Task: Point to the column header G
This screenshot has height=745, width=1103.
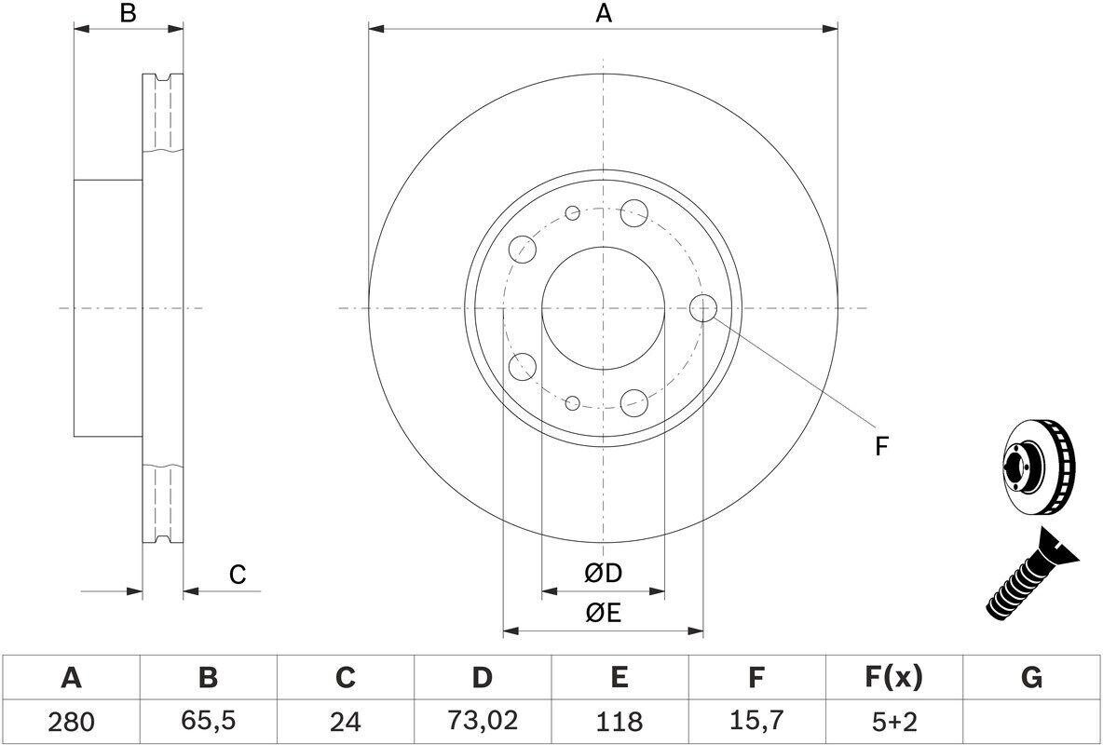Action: (1031, 678)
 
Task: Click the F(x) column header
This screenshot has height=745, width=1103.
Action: (892, 678)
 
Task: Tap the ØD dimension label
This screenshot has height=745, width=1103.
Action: (603, 574)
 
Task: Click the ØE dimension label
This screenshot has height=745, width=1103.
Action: (603, 613)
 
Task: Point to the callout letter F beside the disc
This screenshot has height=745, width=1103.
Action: (880, 447)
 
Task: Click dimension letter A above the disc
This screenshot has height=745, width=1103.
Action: (604, 13)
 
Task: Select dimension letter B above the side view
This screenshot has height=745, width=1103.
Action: (129, 13)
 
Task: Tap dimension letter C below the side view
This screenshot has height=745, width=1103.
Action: (238, 575)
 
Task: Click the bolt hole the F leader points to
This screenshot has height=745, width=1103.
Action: (703, 308)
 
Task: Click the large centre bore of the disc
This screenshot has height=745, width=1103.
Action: (603, 308)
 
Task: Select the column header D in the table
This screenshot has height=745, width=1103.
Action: (482, 678)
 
